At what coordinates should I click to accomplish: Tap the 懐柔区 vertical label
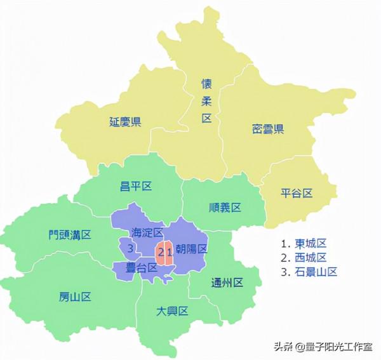point(206,101)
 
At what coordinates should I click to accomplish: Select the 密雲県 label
point(267,130)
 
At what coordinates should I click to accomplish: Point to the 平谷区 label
point(297,193)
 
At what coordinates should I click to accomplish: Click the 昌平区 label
point(136,186)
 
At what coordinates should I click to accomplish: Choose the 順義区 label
point(225,207)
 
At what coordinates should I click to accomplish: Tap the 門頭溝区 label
point(70,234)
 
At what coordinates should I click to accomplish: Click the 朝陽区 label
point(191,249)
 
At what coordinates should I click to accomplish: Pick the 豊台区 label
point(141,267)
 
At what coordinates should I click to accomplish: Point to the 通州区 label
point(227,283)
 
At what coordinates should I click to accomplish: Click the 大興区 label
point(173,310)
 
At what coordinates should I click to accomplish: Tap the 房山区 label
point(76,297)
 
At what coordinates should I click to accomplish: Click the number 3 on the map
point(130,247)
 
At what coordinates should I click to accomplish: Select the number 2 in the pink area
point(161,253)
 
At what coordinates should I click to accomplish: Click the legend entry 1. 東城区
point(304,243)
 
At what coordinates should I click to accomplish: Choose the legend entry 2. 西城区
point(304,257)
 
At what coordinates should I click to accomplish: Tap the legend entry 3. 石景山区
point(309,271)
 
